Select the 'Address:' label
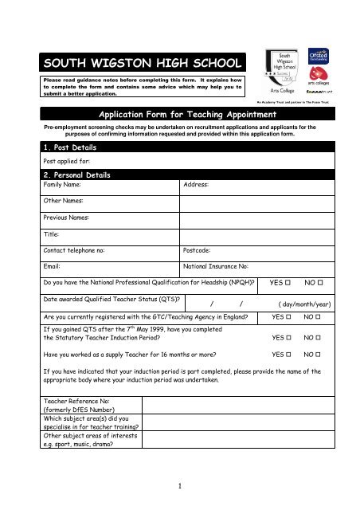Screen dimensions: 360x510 [196, 184]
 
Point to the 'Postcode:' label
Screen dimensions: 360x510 [199, 250]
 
